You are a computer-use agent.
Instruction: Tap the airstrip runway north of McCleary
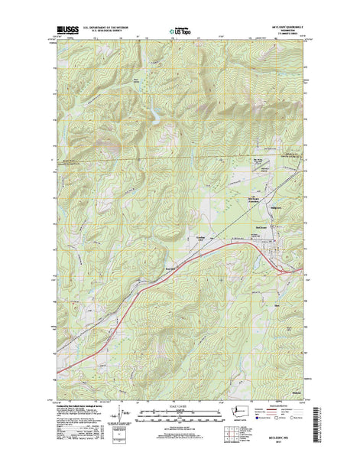click(260, 184)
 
